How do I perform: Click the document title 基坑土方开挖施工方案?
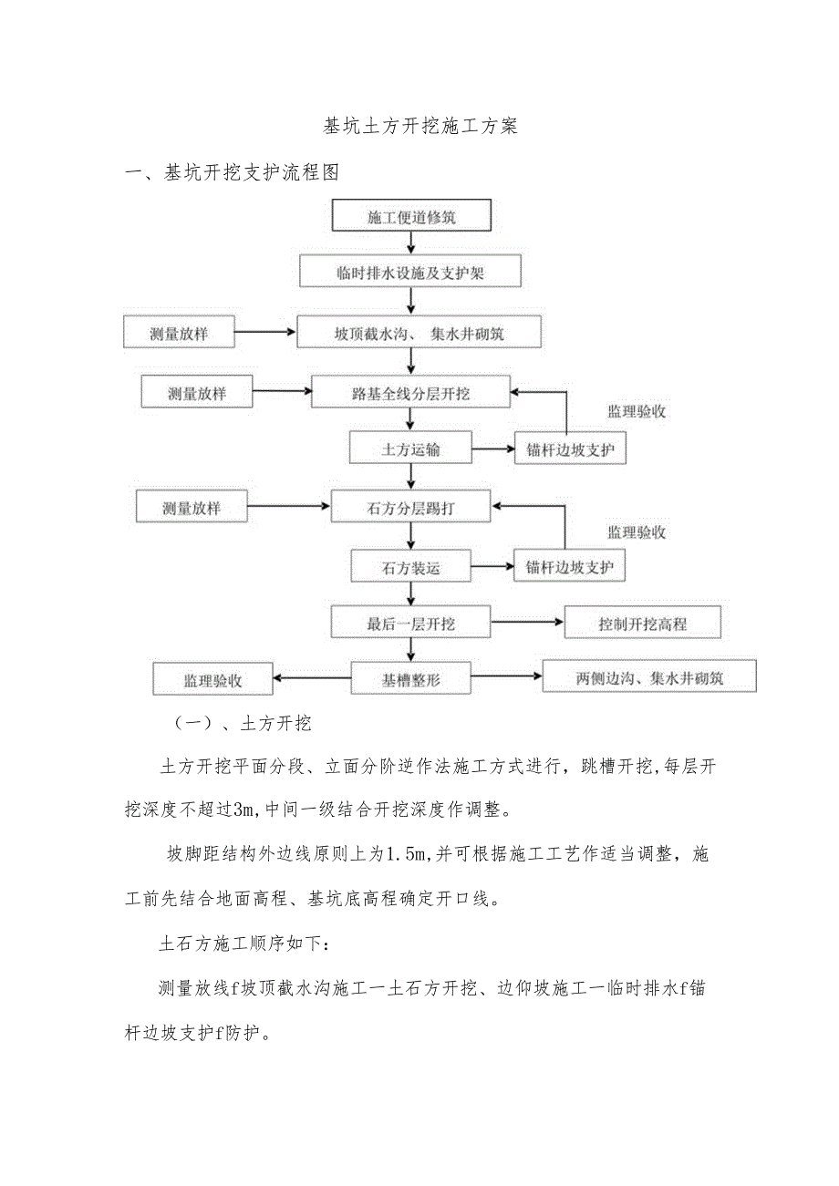click(x=420, y=127)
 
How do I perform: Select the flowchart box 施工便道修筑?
click(x=412, y=218)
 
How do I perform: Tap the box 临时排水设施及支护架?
click(x=410, y=273)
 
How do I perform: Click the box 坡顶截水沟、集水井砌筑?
click(x=419, y=334)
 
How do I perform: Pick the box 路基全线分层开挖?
click(x=410, y=393)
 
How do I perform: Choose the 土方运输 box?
click(x=410, y=448)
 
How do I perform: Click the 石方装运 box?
click(x=410, y=567)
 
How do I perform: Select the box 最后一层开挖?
click(x=410, y=624)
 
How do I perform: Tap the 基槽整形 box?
click(x=411, y=679)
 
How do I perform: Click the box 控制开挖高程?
click(x=642, y=624)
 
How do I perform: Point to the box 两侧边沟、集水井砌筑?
click(x=649, y=677)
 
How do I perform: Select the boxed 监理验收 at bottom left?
click(x=213, y=680)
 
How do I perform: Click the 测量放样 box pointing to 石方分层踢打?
click(x=192, y=508)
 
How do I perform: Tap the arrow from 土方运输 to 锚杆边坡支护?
click(x=493, y=449)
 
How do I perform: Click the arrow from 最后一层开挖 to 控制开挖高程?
click(x=527, y=623)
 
